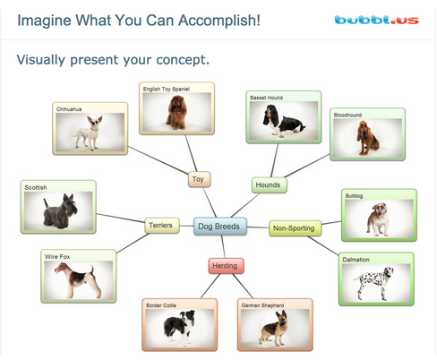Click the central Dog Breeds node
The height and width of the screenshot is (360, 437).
point(220,227)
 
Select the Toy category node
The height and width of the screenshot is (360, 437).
point(199,179)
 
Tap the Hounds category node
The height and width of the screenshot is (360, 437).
point(269,185)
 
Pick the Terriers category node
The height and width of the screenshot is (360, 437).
point(162,226)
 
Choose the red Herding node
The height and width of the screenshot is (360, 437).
point(226,266)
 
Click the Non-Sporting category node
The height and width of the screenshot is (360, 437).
point(295,228)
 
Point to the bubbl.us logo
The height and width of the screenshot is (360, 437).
point(376,20)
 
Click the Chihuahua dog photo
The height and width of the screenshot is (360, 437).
point(90,132)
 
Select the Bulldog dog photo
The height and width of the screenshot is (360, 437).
point(378,219)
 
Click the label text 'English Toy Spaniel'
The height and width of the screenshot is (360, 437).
point(167,89)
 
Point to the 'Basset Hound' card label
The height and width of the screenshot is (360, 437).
point(266,98)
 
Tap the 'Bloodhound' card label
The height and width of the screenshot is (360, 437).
point(347,115)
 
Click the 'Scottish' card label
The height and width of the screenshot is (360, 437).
point(36,187)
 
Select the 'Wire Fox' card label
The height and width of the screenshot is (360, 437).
point(57,256)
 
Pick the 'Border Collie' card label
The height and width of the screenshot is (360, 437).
point(161,305)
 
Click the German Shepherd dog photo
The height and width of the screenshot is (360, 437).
point(275,328)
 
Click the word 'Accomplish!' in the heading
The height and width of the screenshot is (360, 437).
point(219,21)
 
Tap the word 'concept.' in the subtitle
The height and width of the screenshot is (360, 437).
point(183,60)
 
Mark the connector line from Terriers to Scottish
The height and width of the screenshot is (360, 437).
point(121,218)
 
